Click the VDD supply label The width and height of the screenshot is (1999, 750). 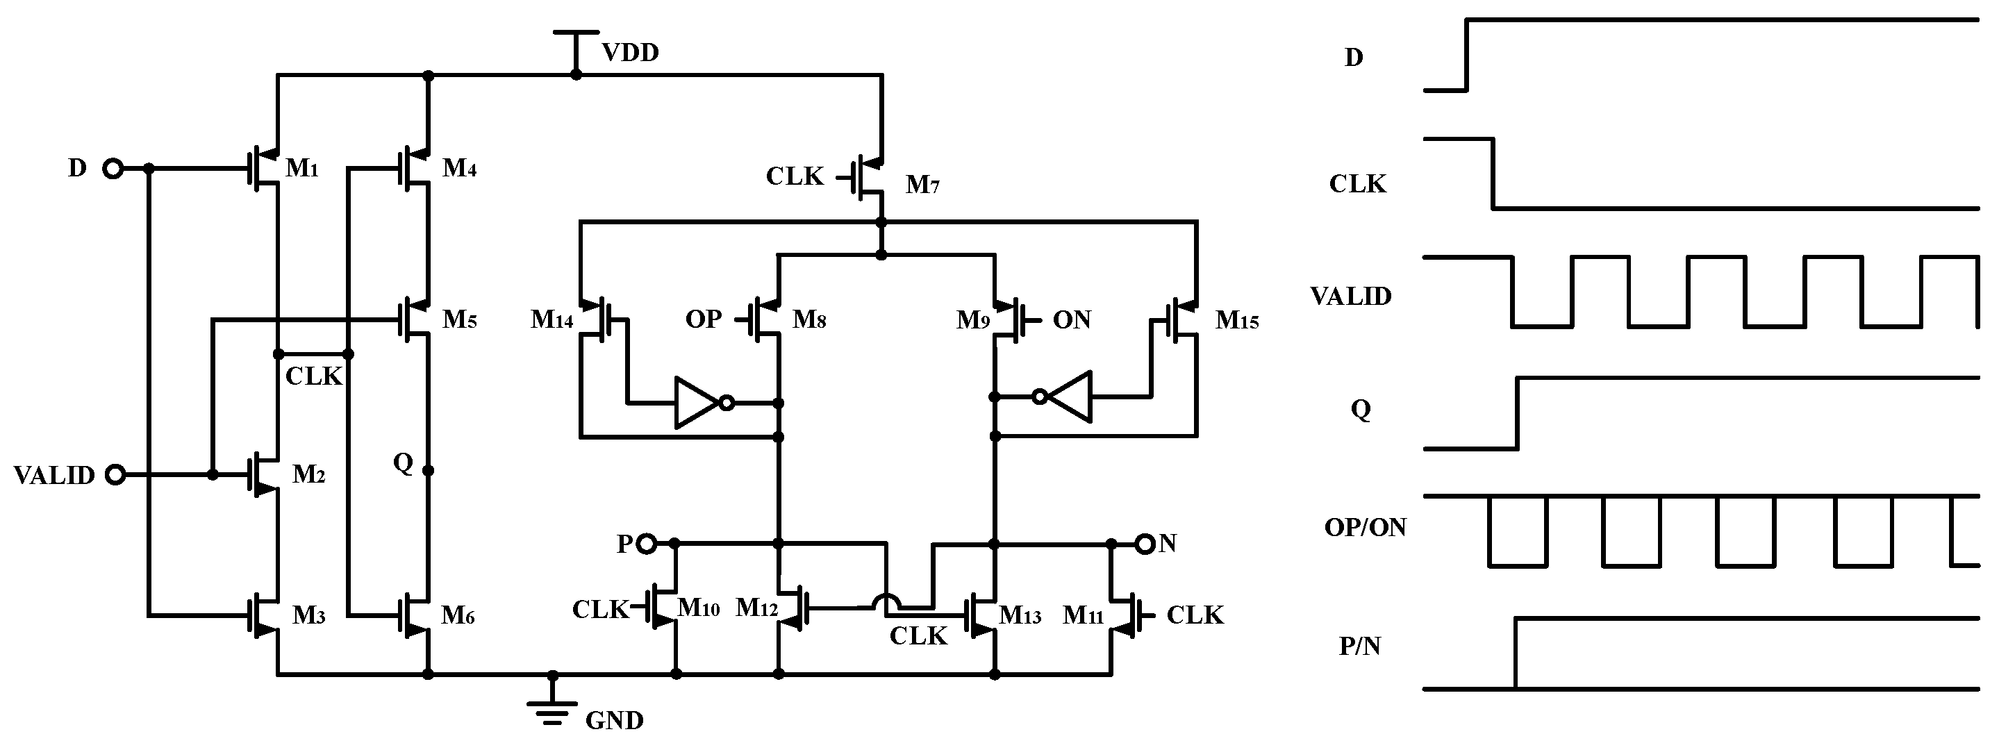tap(630, 53)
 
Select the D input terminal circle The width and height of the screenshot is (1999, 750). tap(113, 168)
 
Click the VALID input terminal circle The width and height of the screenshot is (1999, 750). tap(115, 475)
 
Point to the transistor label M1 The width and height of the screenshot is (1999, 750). tap(302, 167)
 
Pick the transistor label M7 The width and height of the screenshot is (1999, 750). tap(922, 185)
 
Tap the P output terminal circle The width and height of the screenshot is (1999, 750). tap(647, 544)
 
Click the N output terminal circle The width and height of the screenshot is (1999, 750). tap(1145, 544)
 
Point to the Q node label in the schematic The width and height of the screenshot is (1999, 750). tap(403, 463)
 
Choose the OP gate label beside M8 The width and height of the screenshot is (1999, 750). tap(703, 319)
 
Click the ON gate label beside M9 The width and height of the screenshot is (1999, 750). tap(1071, 319)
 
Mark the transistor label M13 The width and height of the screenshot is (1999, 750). tap(1020, 615)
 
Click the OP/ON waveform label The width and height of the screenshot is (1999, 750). tap(1364, 527)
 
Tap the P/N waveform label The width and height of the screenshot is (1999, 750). tap(1359, 646)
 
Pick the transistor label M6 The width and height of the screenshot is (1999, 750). tap(457, 615)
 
